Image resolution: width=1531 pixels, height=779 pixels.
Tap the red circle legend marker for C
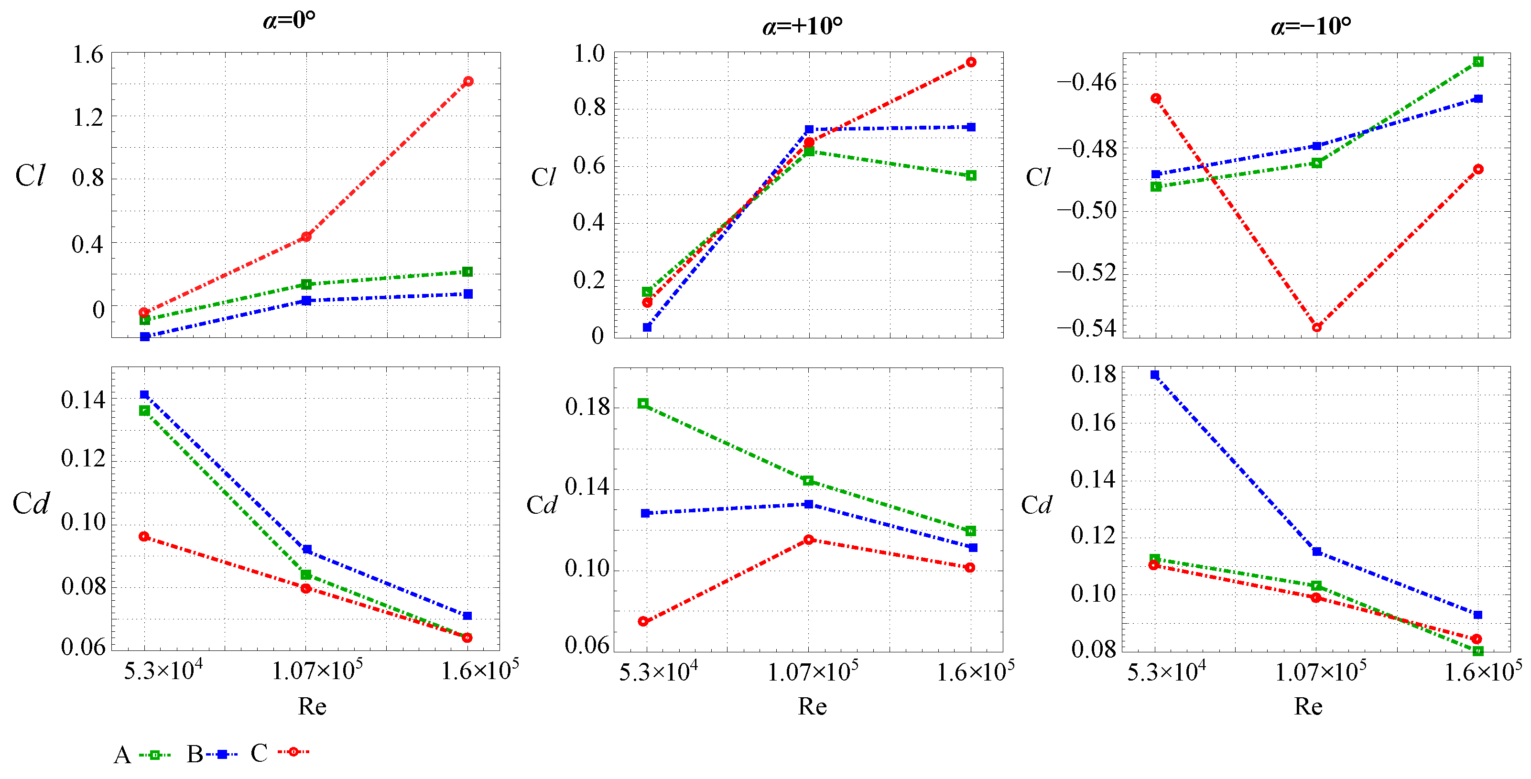click(293, 752)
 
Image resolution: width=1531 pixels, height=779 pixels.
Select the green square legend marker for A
click(154, 755)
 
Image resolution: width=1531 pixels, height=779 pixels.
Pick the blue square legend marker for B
click(222, 755)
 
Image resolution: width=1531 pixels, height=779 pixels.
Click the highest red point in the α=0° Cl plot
click(468, 81)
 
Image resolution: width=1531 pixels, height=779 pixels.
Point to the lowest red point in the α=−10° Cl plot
click(1316, 327)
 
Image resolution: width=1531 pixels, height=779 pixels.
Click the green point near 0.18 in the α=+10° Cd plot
click(643, 403)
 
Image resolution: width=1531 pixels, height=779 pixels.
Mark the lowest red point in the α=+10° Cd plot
click(643, 622)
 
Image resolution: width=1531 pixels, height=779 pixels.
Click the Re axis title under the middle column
click(812, 706)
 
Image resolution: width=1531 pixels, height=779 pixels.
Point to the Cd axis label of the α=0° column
click(31, 504)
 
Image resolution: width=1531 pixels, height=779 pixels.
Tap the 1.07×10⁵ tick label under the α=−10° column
click(1320, 672)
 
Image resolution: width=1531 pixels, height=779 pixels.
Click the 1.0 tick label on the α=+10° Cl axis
click(588, 54)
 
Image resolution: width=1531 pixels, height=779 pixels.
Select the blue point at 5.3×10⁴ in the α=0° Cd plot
click(144, 395)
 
